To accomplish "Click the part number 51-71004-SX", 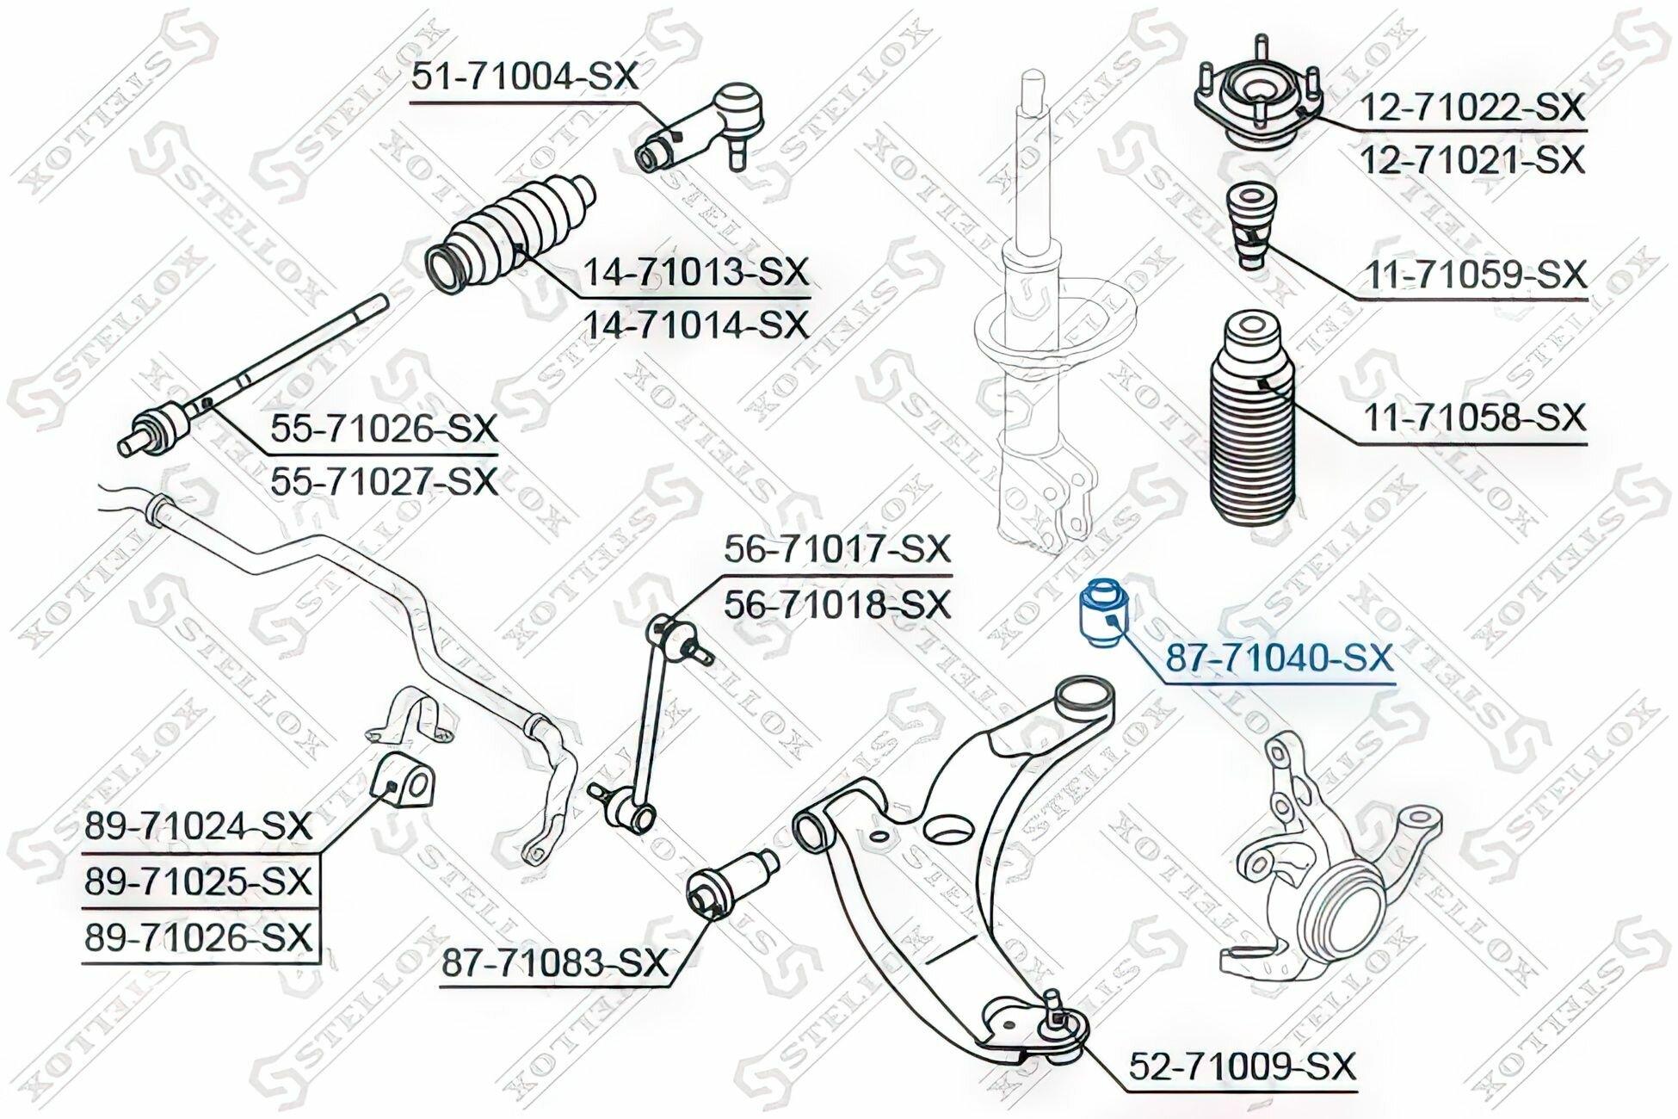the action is (x=525, y=77).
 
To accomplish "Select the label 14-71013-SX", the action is (x=697, y=272).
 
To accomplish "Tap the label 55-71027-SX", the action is (x=385, y=481).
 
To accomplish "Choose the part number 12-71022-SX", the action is (x=1472, y=108).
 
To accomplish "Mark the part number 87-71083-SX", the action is (x=556, y=963).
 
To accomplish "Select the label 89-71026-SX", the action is (x=198, y=937).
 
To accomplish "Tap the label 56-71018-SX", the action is (x=837, y=604).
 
